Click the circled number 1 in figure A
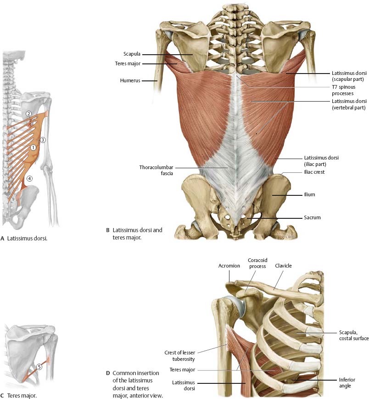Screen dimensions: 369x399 point(33,148)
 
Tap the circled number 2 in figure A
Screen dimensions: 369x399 point(29,114)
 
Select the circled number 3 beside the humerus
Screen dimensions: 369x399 point(43,140)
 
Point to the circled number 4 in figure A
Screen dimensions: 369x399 point(29,178)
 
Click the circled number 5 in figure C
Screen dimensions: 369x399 point(39,367)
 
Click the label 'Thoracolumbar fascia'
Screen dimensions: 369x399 point(156,170)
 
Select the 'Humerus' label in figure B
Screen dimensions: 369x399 point(130,80)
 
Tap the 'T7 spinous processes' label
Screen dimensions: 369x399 point(344,90)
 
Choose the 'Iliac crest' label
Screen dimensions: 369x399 point(314,172)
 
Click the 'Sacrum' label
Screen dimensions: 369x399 point(313,217)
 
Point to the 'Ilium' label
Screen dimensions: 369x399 point(309,194)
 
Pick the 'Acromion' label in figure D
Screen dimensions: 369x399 point(229,266)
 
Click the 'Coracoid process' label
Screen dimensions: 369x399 point(257,263)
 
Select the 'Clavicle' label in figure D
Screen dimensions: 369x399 point(283,266)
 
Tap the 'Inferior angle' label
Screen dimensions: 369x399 point(347,383)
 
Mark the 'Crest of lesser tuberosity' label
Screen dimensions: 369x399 point(179,356)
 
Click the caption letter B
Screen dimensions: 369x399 point(108,230)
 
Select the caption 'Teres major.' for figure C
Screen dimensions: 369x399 point(22,395)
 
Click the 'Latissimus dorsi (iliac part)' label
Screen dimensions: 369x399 point(321,161)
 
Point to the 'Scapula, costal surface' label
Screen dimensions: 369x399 point(354,336)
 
